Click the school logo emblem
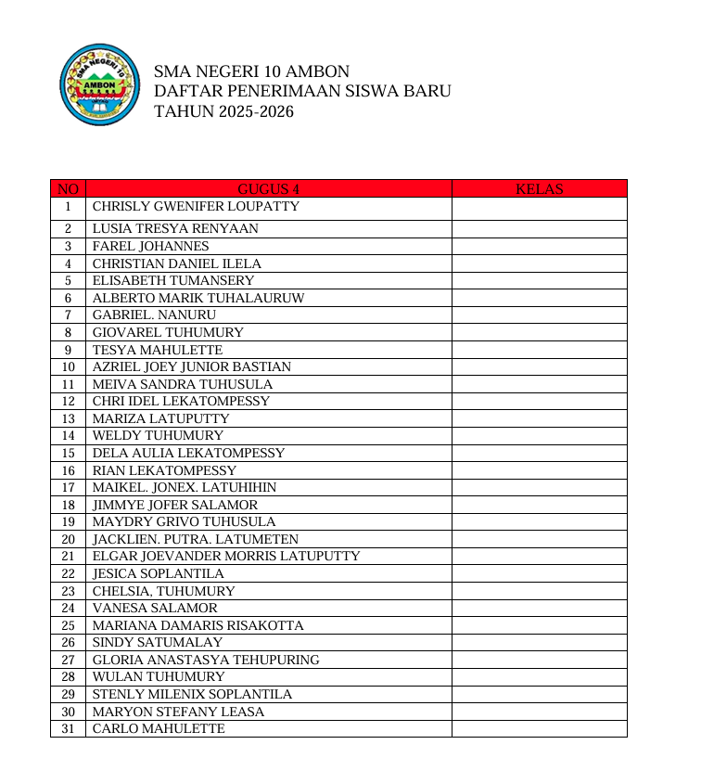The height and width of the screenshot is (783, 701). pyautogui.click(x=99, y=85)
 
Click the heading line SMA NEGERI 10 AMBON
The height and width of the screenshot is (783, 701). pyautogui.click(x=251, y=71)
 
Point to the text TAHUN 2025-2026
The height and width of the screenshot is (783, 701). pyautogui.click(x=223, y=112)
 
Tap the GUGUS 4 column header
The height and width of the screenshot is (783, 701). pyautogui.click(x=269, y=189)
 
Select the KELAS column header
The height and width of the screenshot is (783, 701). pyautogui.click(x=539, y=189)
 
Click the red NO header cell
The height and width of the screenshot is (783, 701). pyautogui.click(x=68, y=189)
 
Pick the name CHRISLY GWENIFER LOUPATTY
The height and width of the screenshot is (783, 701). pyautogui.click(x=196, y=207)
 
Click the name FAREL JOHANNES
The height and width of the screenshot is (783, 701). pyautogui.click(x=150, y=247)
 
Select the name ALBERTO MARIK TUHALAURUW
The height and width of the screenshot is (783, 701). pyautogui.click(x=198, y=299)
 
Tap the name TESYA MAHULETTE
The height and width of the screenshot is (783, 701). pyautogui.click(x=158, y=351)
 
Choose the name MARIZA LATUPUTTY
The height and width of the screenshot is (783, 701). pyautogui.click(x=160, y=419)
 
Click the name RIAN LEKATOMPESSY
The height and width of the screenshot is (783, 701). pyautogui.click(x=164, y=471)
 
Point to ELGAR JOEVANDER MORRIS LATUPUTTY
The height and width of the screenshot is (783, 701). pyautogui.click(x=226, y=557)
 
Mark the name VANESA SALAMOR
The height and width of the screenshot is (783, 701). pyautogui.click(x=155, y=609)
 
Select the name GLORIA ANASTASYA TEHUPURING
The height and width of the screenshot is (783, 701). pyautogui.click(x=206, y=661)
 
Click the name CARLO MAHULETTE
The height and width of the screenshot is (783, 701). pyautogui.click(x=159, y=729)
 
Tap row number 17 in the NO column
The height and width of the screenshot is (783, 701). pyautogui.click(x=68, y=488)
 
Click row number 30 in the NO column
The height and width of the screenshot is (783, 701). pyautogui.click(x=68, y=712)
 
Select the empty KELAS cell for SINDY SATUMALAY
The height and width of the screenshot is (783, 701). pyautogui.click(x=539, y=643)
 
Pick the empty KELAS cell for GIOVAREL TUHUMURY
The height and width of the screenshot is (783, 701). pyautogui.click(x=539, y=333)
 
